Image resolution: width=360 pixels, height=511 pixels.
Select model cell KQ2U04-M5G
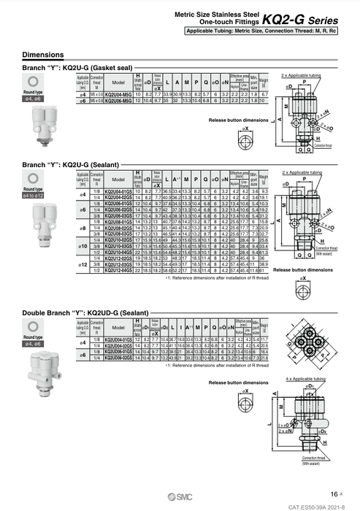click(x=118, y=94)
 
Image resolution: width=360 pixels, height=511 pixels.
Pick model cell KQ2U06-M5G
click(x=118, y=100)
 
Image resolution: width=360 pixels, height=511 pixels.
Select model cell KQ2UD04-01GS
click(x=118, y=339)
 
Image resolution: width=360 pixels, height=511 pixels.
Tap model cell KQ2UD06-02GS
click(x=118, y=358)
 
